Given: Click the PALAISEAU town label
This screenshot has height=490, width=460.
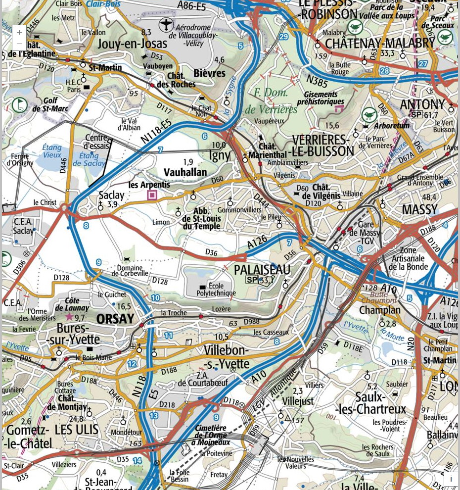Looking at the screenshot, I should point(262,270).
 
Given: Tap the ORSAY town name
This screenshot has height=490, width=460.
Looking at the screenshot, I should point(115,319).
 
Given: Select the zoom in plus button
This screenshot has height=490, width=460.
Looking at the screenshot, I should point(19,32).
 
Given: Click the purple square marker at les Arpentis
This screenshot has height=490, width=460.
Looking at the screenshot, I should point(152,195).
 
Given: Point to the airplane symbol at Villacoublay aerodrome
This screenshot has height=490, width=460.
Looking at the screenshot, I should point(166,24).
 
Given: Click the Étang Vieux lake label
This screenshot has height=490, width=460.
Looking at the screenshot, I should point(51,151).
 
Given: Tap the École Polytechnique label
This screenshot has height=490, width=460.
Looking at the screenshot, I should point(216,290).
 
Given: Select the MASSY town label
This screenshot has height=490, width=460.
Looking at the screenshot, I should point(419,209).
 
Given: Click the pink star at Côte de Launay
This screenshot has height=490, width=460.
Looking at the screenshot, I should point(69,316).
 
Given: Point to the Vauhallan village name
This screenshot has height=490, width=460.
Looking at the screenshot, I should point(185,172).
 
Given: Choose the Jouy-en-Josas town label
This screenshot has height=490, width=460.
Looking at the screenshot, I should point(132,44).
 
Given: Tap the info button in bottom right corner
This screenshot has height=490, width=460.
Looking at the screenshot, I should point(451,479).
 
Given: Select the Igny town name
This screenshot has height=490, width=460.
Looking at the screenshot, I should point(220,155).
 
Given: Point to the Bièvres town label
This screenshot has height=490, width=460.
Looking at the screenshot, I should point(209,73).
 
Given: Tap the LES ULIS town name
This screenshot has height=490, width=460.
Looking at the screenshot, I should point(76,429).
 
